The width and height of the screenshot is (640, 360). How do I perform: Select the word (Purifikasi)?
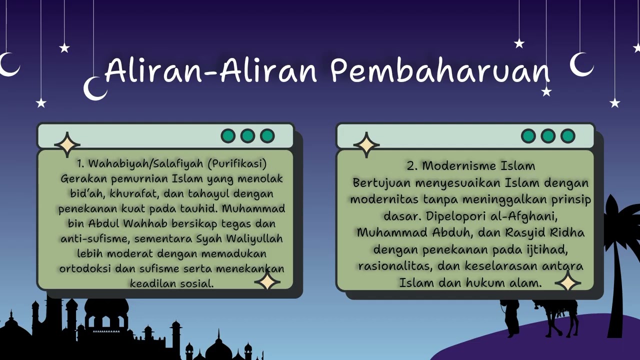(x=237, y=164)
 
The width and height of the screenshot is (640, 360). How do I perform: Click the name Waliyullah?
(x=254, y=238)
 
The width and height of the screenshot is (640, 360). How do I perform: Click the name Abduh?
(x=450, y=232)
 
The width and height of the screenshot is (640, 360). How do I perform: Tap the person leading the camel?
(x=511, y=317)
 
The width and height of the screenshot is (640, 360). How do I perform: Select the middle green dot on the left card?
(x=247, y=136)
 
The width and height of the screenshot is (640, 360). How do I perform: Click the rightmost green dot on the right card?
(x=567, y=136)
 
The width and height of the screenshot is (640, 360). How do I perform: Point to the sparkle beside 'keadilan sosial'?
(x=267, y=281)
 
